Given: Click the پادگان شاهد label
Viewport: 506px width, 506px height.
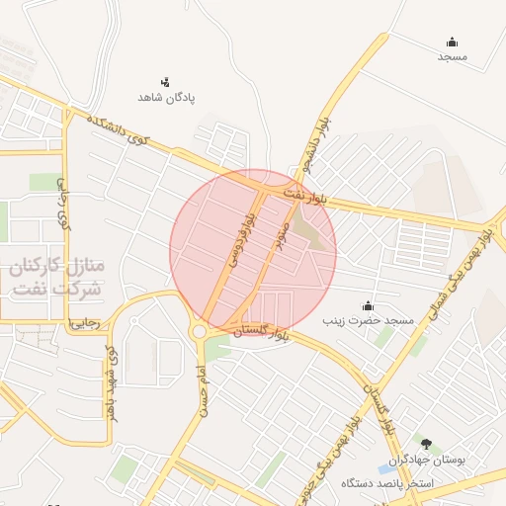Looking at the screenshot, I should pos(166,99).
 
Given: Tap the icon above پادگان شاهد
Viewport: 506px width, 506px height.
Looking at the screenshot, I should pos(166,81).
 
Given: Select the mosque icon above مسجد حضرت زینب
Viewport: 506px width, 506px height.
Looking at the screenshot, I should pos(369,305).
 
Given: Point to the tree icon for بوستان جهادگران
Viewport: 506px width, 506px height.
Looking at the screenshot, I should pos(426,444).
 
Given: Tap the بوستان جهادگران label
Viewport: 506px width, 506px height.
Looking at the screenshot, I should pos(426,461).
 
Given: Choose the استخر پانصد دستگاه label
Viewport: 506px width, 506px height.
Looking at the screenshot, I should pos(394,484).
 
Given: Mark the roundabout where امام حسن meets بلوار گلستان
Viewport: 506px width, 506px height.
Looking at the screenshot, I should pos(200,332).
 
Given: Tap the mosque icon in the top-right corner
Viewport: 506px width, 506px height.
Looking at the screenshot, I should pos(452,42).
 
